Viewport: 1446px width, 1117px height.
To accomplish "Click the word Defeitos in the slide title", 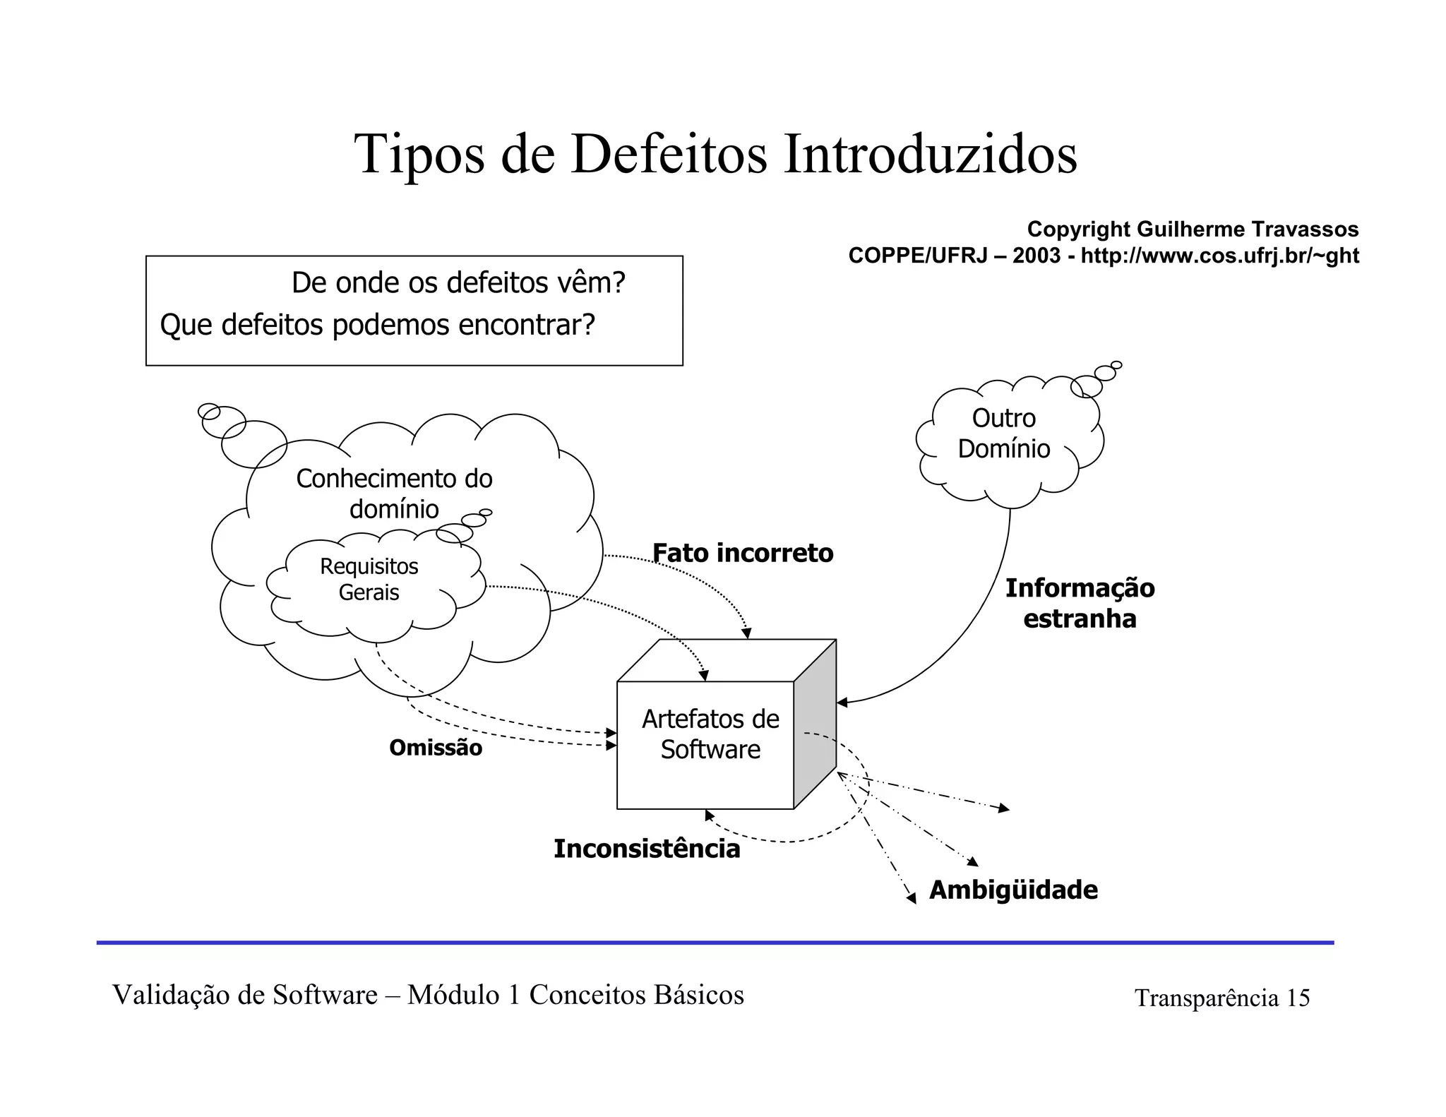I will [x=669, y=154].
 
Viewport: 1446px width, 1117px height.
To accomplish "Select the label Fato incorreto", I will [x=742, y=553].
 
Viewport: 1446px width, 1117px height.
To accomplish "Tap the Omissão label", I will [x=436, y=748].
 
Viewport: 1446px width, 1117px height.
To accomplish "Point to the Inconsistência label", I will [x=646, y=849].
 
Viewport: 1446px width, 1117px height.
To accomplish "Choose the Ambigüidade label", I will [x=1013, y=890].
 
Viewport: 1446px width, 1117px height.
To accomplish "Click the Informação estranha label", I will [x=1080, y=603].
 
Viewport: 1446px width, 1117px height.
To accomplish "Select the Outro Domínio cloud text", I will [x=1003, y=434].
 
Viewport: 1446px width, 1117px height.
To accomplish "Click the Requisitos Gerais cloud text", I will [x=369, y=579].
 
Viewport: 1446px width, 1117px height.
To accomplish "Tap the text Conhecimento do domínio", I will [x=394, y=494].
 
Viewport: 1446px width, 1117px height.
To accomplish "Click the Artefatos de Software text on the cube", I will [x=710, y=734].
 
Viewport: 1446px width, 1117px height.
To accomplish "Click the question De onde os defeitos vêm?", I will [x=458, y=282].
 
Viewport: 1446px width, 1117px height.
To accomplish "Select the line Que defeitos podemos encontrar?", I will [x=378, y=325].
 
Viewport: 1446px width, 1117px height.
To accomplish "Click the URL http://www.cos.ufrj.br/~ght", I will [x=1219, y=256].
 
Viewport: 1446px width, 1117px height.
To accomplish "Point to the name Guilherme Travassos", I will [x=1248, y=229].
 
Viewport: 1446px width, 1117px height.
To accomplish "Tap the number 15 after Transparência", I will [x=1298, y=998].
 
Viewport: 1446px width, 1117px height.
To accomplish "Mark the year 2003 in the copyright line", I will [x=1036, y=256].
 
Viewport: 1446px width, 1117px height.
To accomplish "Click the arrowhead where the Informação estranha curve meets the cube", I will [x=842, y=703].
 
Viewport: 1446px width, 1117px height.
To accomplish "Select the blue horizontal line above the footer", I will [x=715, y=943].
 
